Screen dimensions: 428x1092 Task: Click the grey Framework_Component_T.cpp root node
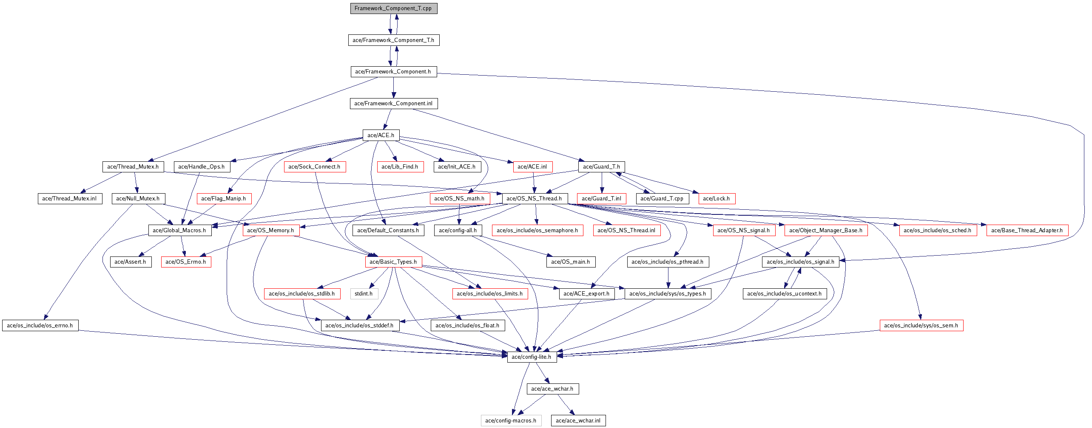(393, 8)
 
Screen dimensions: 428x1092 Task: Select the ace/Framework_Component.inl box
(393, 104)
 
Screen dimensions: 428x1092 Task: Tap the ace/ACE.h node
(381, 135)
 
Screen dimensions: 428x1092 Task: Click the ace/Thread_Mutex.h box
(133, 167)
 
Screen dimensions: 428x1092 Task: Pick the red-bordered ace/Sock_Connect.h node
(314, 167)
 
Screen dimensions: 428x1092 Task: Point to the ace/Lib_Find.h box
(400, 167)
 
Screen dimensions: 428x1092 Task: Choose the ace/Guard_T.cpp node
(662, 199)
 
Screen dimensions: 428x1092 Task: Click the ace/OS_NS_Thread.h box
(534, 199)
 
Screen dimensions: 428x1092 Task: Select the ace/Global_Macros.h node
(179, 231)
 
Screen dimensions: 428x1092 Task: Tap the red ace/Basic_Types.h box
(393, 262)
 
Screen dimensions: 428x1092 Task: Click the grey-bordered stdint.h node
(364, 294)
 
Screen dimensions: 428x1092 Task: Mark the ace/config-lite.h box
(531, 357)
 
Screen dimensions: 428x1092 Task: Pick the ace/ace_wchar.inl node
(578, 421)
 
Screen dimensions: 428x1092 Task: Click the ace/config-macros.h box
(511, 421)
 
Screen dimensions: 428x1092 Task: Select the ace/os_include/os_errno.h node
(40, 326)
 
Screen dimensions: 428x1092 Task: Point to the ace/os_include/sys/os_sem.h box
(921, 326)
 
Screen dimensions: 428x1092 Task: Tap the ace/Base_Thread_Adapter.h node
(1027, 231)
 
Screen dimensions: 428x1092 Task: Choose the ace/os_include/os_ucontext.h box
(784, 294)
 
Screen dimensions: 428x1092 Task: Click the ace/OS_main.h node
(570, 262)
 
